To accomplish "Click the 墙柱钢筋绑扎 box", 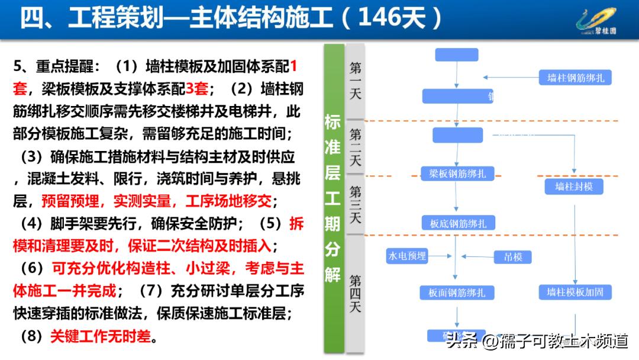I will (575, 78).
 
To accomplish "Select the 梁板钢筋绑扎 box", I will (457, 173).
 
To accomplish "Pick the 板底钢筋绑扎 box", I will (457, 223).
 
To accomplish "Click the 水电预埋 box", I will (406, 256).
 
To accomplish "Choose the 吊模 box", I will (513, 257).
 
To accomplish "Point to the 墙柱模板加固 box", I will (575, 291).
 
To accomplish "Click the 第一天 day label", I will (355, 80).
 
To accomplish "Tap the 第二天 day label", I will (355, 147).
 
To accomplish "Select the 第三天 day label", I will (355, 204).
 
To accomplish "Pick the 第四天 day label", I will (355, 293).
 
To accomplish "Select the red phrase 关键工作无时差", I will (101, 337).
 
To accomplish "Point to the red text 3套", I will (196, 89).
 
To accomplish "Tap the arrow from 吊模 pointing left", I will (477, 257).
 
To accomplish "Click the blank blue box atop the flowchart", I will (456, 54).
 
